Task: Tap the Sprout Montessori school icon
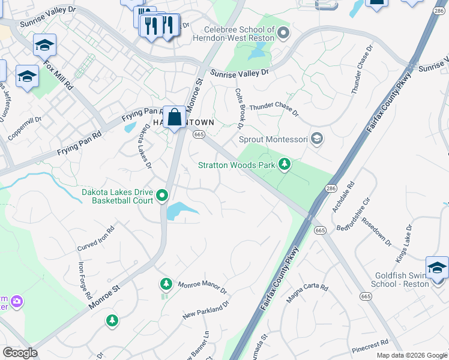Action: tap(317, 139)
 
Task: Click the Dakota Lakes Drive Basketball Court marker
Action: tap(161, 196)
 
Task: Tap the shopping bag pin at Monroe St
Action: tap(174, 118)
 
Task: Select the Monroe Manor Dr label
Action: tap(202, 286)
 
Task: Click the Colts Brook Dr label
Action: tap(238, 109)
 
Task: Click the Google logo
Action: tap(20, 353)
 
